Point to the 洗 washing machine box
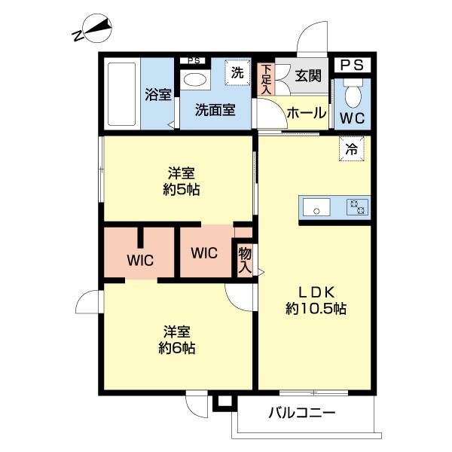pos(237,73)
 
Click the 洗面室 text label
pos(215,110)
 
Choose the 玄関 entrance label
pos(307,75)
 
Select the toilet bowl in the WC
pos(352,96)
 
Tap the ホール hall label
pos(306,113)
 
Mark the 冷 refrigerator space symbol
pos(351,149)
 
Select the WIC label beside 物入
pos(203,253)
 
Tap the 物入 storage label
pos(245,258)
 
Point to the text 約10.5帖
pos(316,308)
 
